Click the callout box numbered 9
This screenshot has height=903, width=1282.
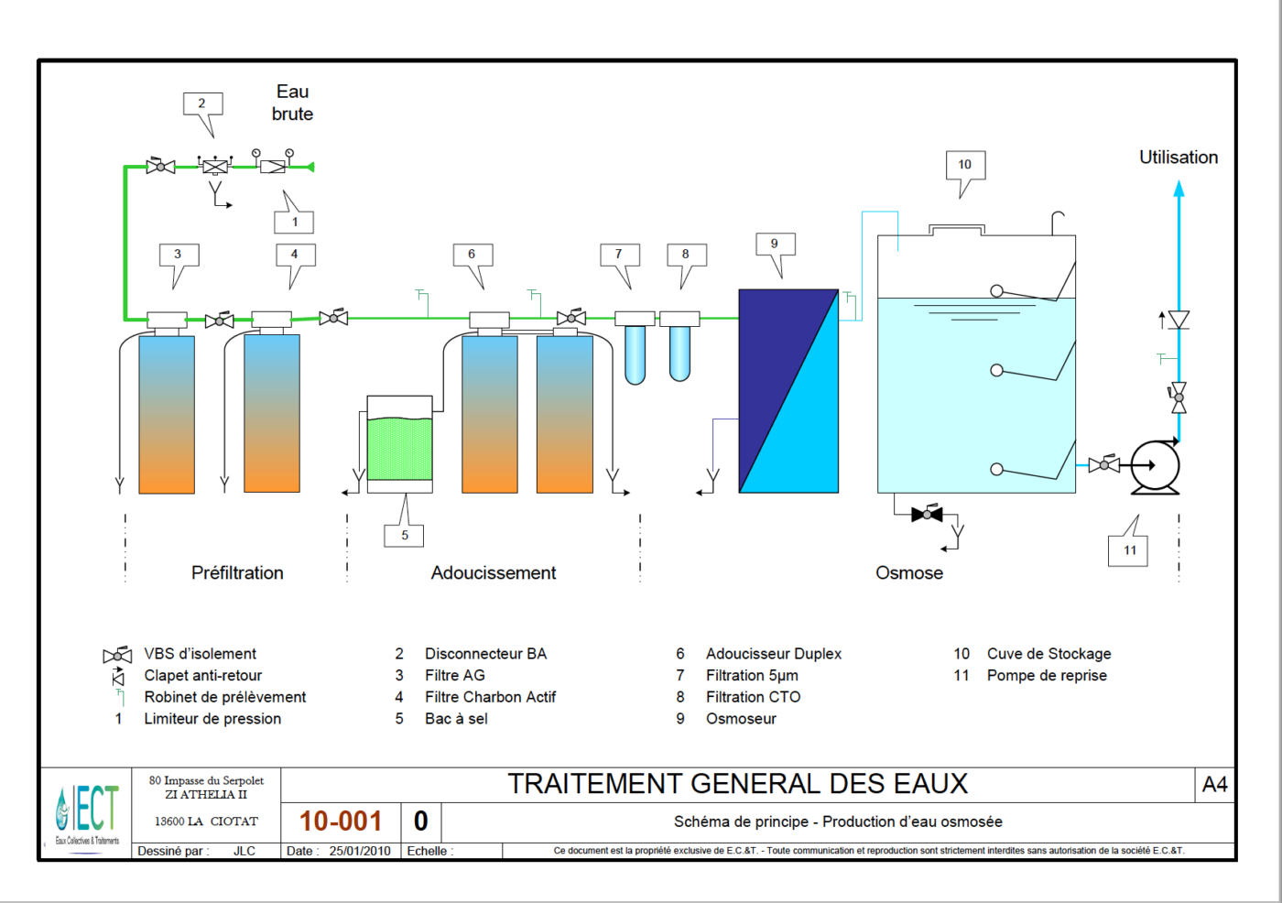pyautogui.click(x=775, y=244)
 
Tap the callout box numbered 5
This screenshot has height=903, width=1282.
pyautogui.click(x=405, y=536)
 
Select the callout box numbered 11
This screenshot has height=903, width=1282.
pyautogui.click(x=1129, y=550)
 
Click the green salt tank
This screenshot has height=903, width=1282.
pyautogui.click(x=399, y=448)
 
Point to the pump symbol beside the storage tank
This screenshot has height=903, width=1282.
pyautogui.click(x=1154, y=466)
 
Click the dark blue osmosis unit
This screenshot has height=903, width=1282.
pyautogui.click(x=788, y=391)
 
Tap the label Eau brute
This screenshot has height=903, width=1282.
pyautogui.click(x=292, y=103)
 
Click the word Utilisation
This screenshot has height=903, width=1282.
pyautogui.click(x=1179, y=158)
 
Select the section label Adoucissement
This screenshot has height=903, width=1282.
pyautogui.click(x=494, y=573)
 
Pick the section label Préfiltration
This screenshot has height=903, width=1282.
pyautogui.click(x=237, y=573)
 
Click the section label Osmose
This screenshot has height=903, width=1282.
pyautogui.click(x=909, y=573)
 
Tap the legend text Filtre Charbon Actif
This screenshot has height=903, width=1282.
pyautogui.click(x=490, y=697)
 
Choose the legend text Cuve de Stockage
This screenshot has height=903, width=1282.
pyautogui.click(x=1048, y=654)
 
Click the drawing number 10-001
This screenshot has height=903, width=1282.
pyautogui.click(x=341, y=821)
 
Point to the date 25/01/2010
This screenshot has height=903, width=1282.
pyautogui.click(x=360, y=851)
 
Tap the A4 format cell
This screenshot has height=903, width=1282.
pyautogui.click(x=1214, y=785)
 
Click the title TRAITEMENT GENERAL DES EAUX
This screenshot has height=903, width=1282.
pyautogui.click(x=737, y=785)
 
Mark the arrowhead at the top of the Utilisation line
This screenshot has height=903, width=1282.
pyautogui.click(x=1179, y=188)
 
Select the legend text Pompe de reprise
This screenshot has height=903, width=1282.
pyautogui.click(x=1047, y=676)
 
